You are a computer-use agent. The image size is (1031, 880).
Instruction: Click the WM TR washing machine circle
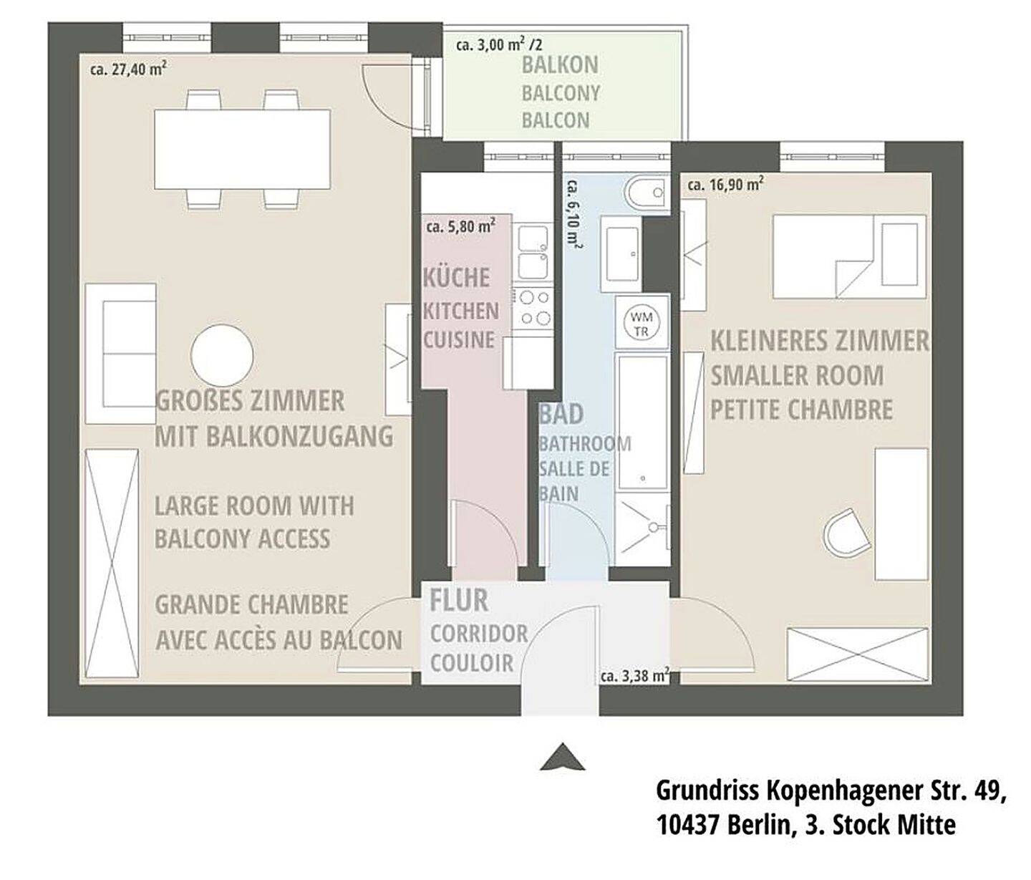tap(642, 323)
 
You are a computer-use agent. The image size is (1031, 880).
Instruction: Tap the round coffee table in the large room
tap(222, 356)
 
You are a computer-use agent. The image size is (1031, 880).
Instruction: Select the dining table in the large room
tap(243, 149)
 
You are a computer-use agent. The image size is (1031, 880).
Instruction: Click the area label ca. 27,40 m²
tap(128, 69)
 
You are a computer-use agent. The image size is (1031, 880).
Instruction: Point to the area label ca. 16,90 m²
tap(725, 184)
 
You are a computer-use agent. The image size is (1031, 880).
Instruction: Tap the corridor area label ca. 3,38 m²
tap(634, 675)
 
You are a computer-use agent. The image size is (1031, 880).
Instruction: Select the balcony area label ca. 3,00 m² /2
tap(499, 45)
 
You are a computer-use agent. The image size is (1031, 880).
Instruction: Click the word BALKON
tap(560, 65)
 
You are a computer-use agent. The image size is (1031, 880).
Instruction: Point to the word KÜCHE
tap(456, 277)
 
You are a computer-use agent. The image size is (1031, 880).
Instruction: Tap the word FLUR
tap(459, 601)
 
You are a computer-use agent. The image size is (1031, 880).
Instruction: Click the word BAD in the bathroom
tap(561, 414)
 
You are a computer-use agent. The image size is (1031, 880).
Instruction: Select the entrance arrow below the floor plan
tap(563, 757)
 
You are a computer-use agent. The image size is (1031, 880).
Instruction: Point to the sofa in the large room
tap(121, 354)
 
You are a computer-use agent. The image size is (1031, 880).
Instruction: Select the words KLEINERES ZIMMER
tap(820, 342)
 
